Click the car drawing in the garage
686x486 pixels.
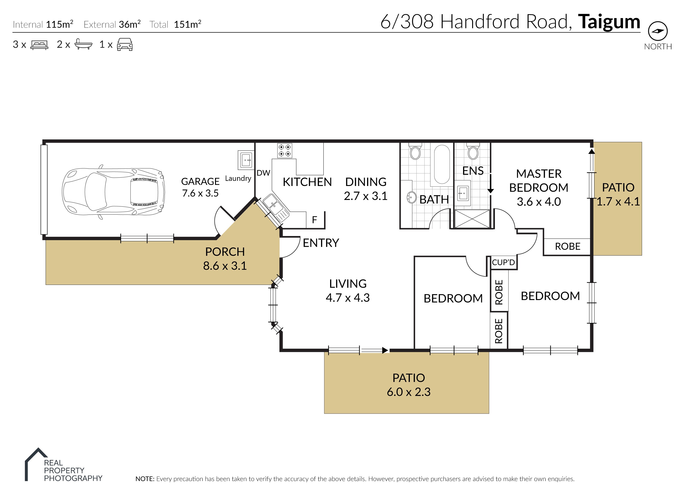point(113,192)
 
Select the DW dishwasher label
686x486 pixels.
point(263,173)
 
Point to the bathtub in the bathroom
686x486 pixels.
point(442,164)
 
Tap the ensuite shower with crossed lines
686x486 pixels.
point(472,219)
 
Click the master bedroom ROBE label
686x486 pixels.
point(567,246)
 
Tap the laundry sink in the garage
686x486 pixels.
point(245,160)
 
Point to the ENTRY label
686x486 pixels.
point(321,243)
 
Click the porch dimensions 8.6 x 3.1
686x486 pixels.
point(225,266)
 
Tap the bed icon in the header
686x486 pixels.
point(39,45)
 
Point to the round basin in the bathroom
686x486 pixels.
point(412,198)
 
